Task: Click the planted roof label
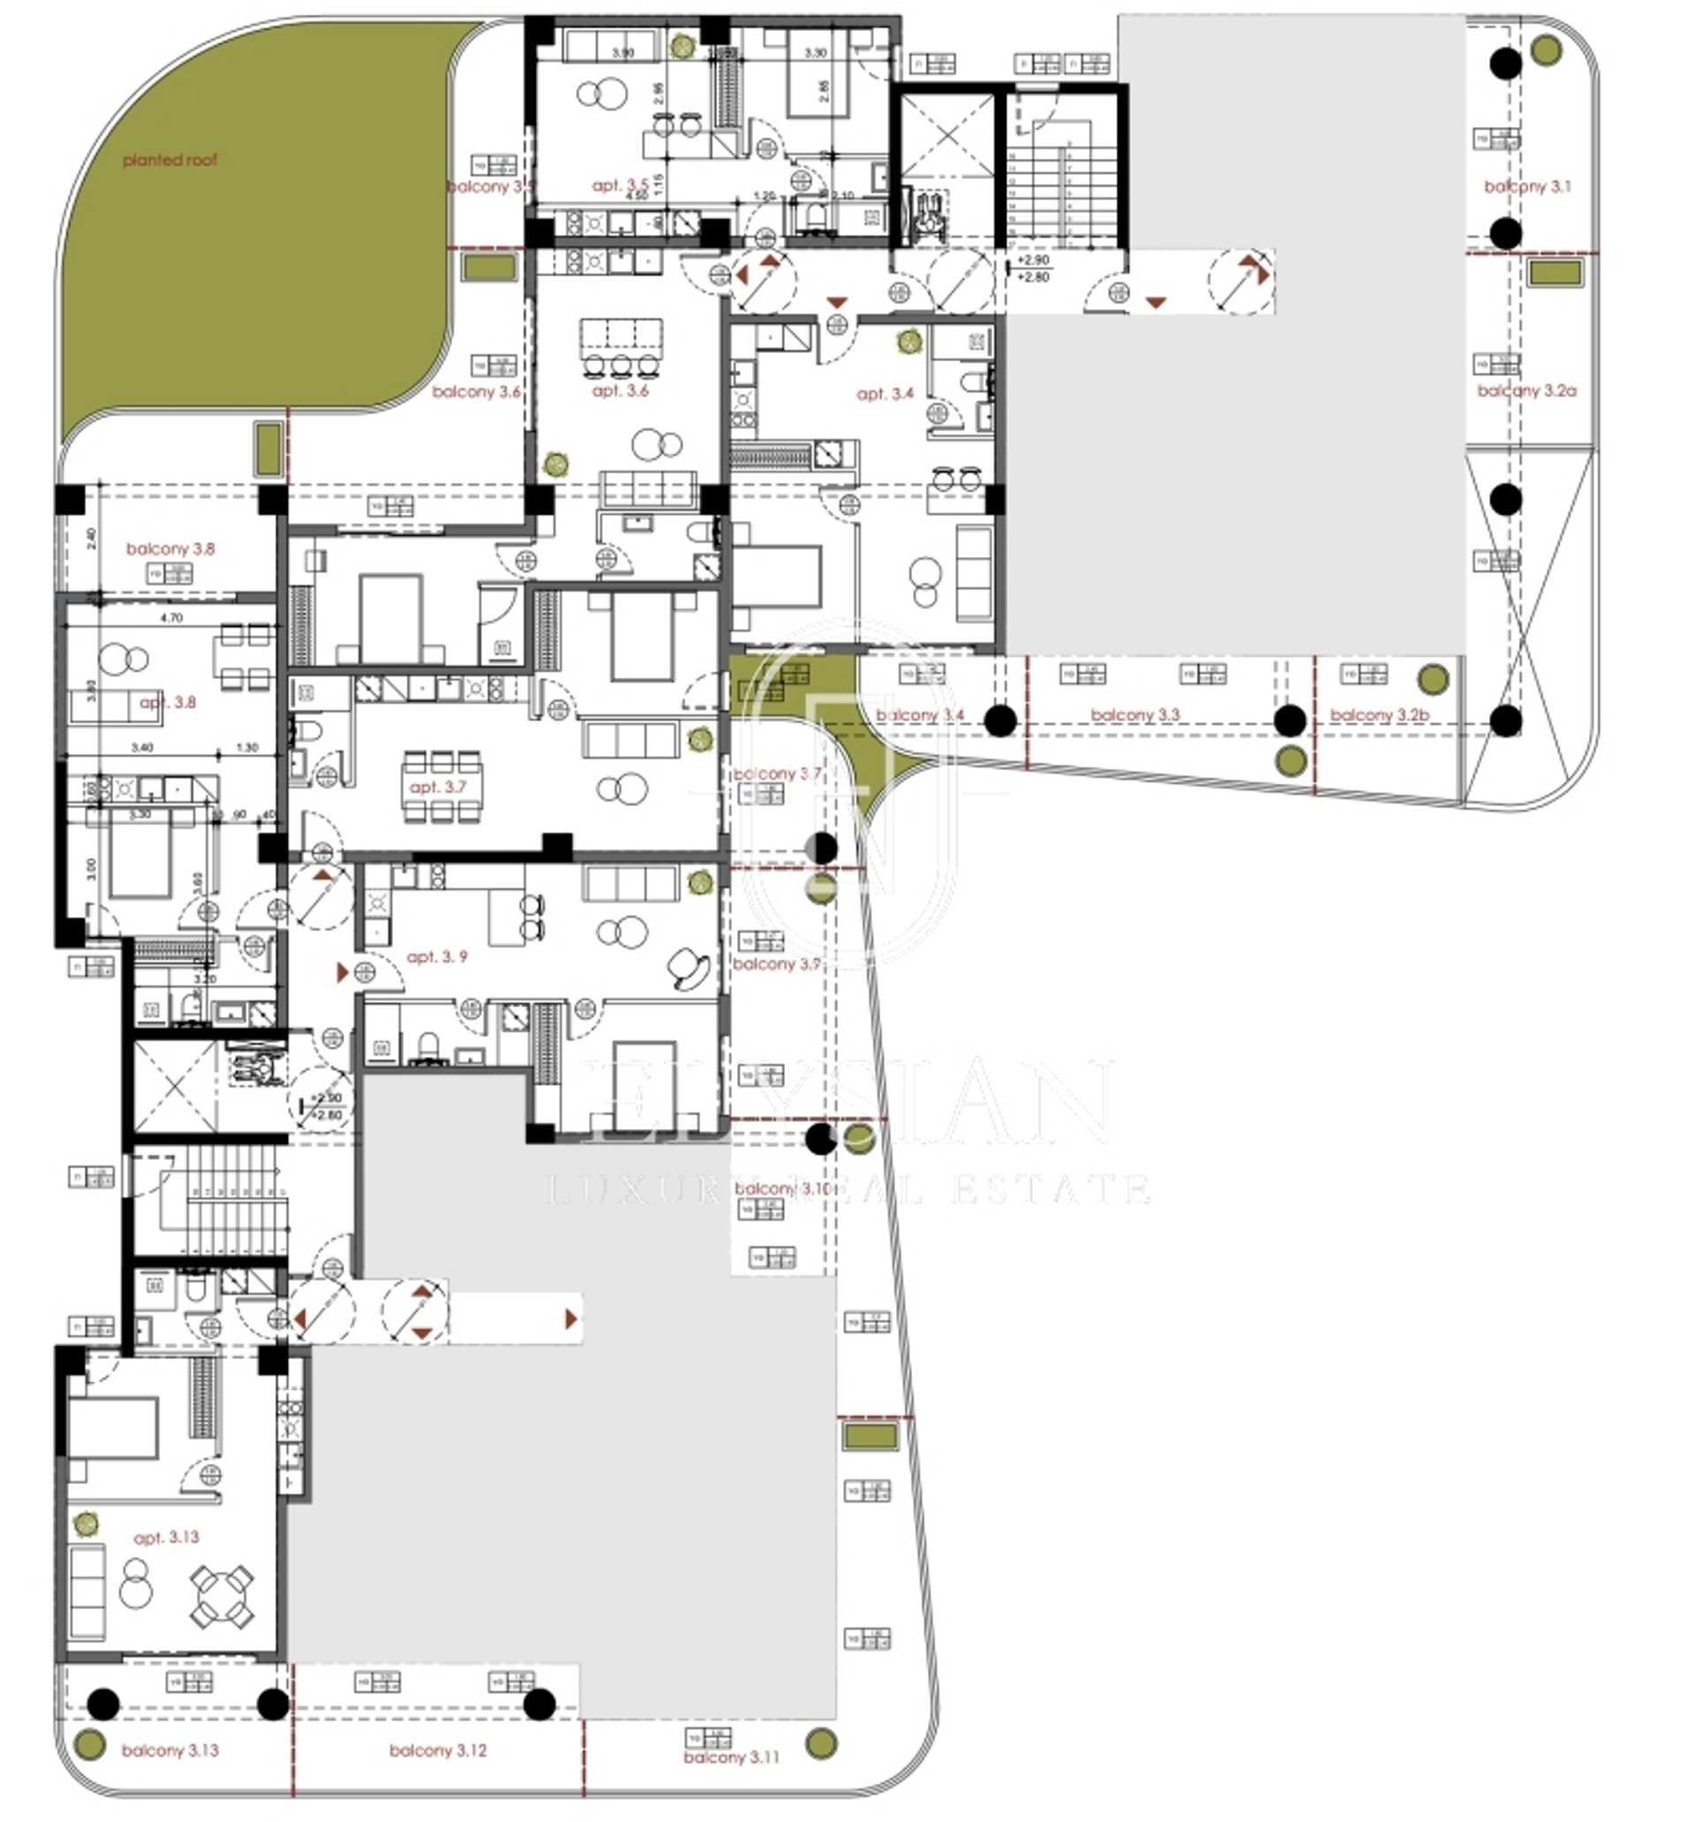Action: coord(170,161)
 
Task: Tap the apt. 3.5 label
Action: coord(620,186)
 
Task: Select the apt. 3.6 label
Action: coord(620,391)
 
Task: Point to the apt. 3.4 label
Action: coord(885,394)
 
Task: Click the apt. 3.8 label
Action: coord(168,703)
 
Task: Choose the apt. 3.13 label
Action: coord(166,1537)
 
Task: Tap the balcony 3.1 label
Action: coord(1526,187)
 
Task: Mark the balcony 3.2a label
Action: coord(1526,391)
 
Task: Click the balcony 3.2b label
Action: coord(1379,715)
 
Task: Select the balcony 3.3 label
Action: coord(1135,715)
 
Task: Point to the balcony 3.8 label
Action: coord(170,549)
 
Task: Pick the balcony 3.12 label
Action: coord(437,1750)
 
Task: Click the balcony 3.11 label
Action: coord(731,1758)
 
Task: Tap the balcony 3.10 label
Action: coord(781,1189)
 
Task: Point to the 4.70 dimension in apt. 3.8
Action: coord(171,618)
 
